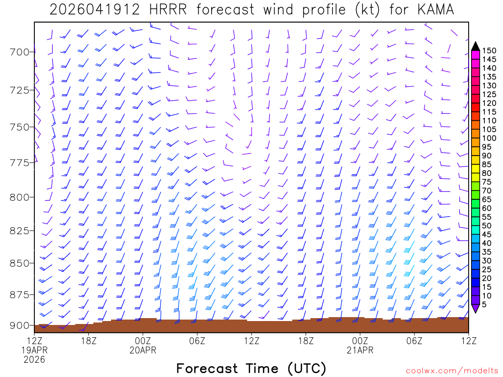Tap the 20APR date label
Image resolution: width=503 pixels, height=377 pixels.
142,350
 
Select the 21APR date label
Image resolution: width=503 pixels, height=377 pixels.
360,350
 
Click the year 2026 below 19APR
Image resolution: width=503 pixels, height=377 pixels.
34,359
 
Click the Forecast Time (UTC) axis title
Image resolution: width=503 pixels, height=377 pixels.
251,368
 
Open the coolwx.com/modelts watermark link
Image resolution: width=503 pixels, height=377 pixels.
451,371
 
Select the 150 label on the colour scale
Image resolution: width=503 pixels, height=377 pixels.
489,50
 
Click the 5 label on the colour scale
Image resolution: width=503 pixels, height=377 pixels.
484,304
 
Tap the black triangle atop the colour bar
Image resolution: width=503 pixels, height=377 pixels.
475,46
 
